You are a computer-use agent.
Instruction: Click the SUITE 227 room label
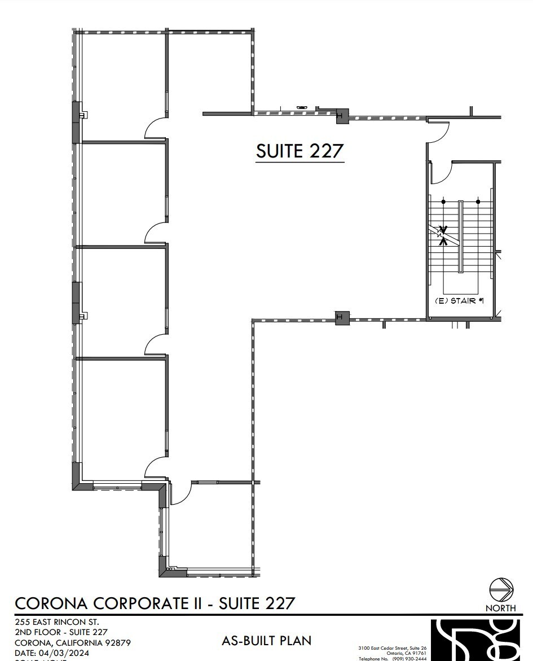tap(299, 151)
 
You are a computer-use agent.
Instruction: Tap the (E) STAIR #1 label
tap(460, 301)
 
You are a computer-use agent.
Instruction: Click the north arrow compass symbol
tap(500, 590)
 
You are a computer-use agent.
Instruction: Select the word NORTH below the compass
tap(500, 608)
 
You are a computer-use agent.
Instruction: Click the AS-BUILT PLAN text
tap(267, 640)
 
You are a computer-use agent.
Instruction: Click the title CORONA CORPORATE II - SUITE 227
tap(155, 603)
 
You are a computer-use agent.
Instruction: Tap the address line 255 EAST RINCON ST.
tap(57, 622)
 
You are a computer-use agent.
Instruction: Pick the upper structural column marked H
tap(341, 116)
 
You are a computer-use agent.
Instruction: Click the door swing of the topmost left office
tap(156, 128)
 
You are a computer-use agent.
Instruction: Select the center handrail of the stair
tap(460, 237)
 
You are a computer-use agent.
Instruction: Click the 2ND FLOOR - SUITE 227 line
tap(61, 632)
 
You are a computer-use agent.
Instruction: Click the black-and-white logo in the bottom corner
tap(479, 640)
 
